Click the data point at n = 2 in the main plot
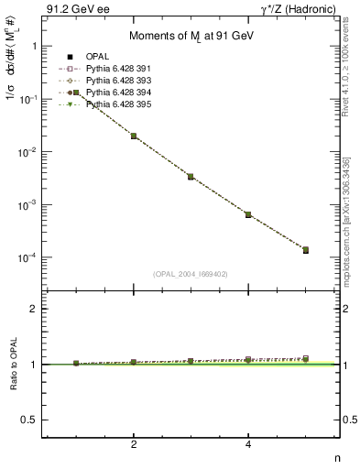pos(134,136)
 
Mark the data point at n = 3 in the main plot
pos(191,176)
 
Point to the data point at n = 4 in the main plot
pos(248,214)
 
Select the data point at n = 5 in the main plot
pos(305,250)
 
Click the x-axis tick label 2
pos(134,444)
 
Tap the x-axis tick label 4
pos(248,444)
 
